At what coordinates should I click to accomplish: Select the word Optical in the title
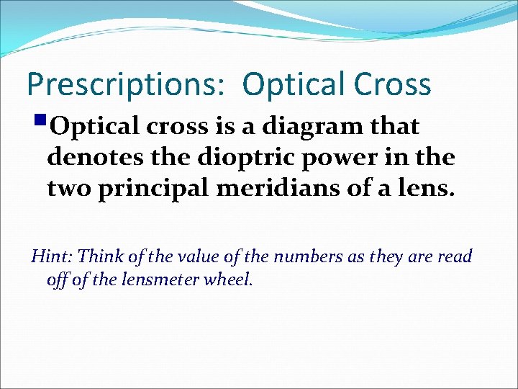(x=301, y=84)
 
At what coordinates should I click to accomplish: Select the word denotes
(x=94, y=158)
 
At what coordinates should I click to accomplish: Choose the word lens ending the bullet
(x=429, y=189)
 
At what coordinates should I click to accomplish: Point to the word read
(x=455, y=256)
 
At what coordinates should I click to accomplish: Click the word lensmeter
(x=157, y=280)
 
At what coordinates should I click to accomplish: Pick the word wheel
(x=228, y=280)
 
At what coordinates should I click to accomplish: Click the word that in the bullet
(x=395, y=127)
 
